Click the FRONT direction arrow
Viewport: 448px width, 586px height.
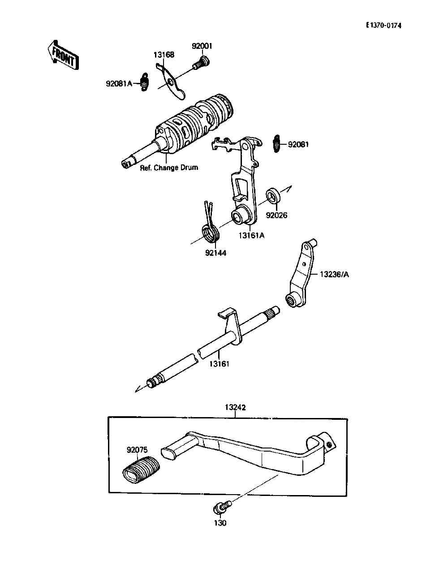coord(63,55)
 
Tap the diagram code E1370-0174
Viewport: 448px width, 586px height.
coord(383,26)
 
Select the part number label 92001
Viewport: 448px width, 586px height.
coord(202,46)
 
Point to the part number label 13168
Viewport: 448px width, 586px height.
coord(164,55)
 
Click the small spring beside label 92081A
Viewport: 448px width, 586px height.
coord(144,82)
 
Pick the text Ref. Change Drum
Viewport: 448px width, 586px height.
coord(169,168)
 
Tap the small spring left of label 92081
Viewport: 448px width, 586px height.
coord(277,144)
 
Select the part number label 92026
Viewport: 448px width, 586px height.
coord(276,215)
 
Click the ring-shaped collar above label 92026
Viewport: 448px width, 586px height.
coord(273,196)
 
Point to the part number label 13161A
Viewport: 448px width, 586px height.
coord(251,236)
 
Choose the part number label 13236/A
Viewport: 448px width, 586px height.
coord(334,274)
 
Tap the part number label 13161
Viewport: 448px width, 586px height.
coord(219,364)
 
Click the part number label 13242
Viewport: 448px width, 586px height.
coord(235,408)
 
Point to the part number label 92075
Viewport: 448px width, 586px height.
coord(137,450)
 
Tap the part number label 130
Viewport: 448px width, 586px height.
coord(220,523)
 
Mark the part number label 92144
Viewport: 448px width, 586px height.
coord(216,253)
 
